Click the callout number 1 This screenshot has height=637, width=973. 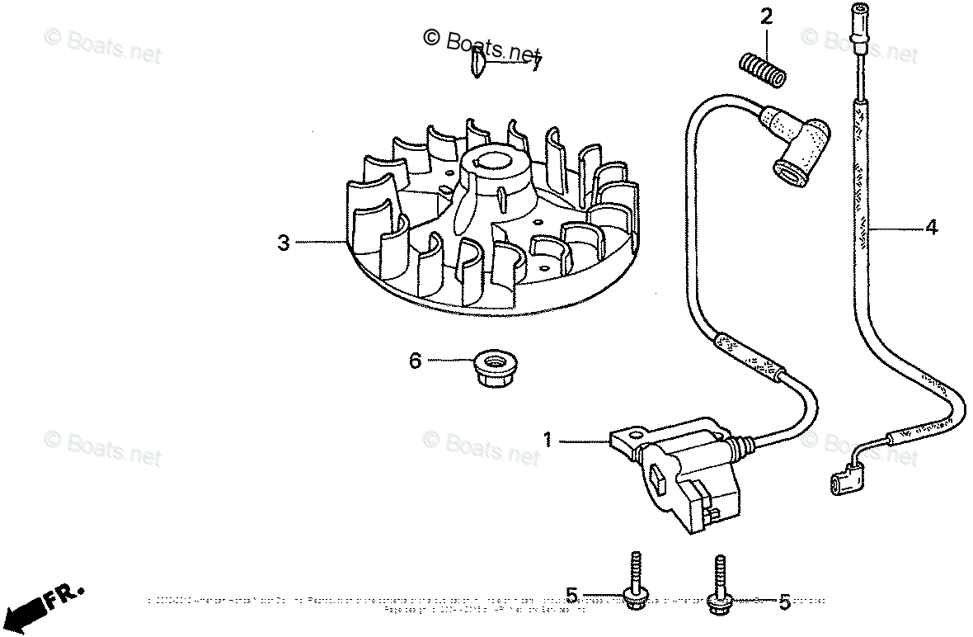(x=547, y=441)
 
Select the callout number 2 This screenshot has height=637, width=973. (x=766, y=17)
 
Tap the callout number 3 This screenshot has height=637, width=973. (x=284, y=243)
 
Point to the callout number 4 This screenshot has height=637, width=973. (x=931, y=227)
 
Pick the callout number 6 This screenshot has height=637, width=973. (x=416, y=360)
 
